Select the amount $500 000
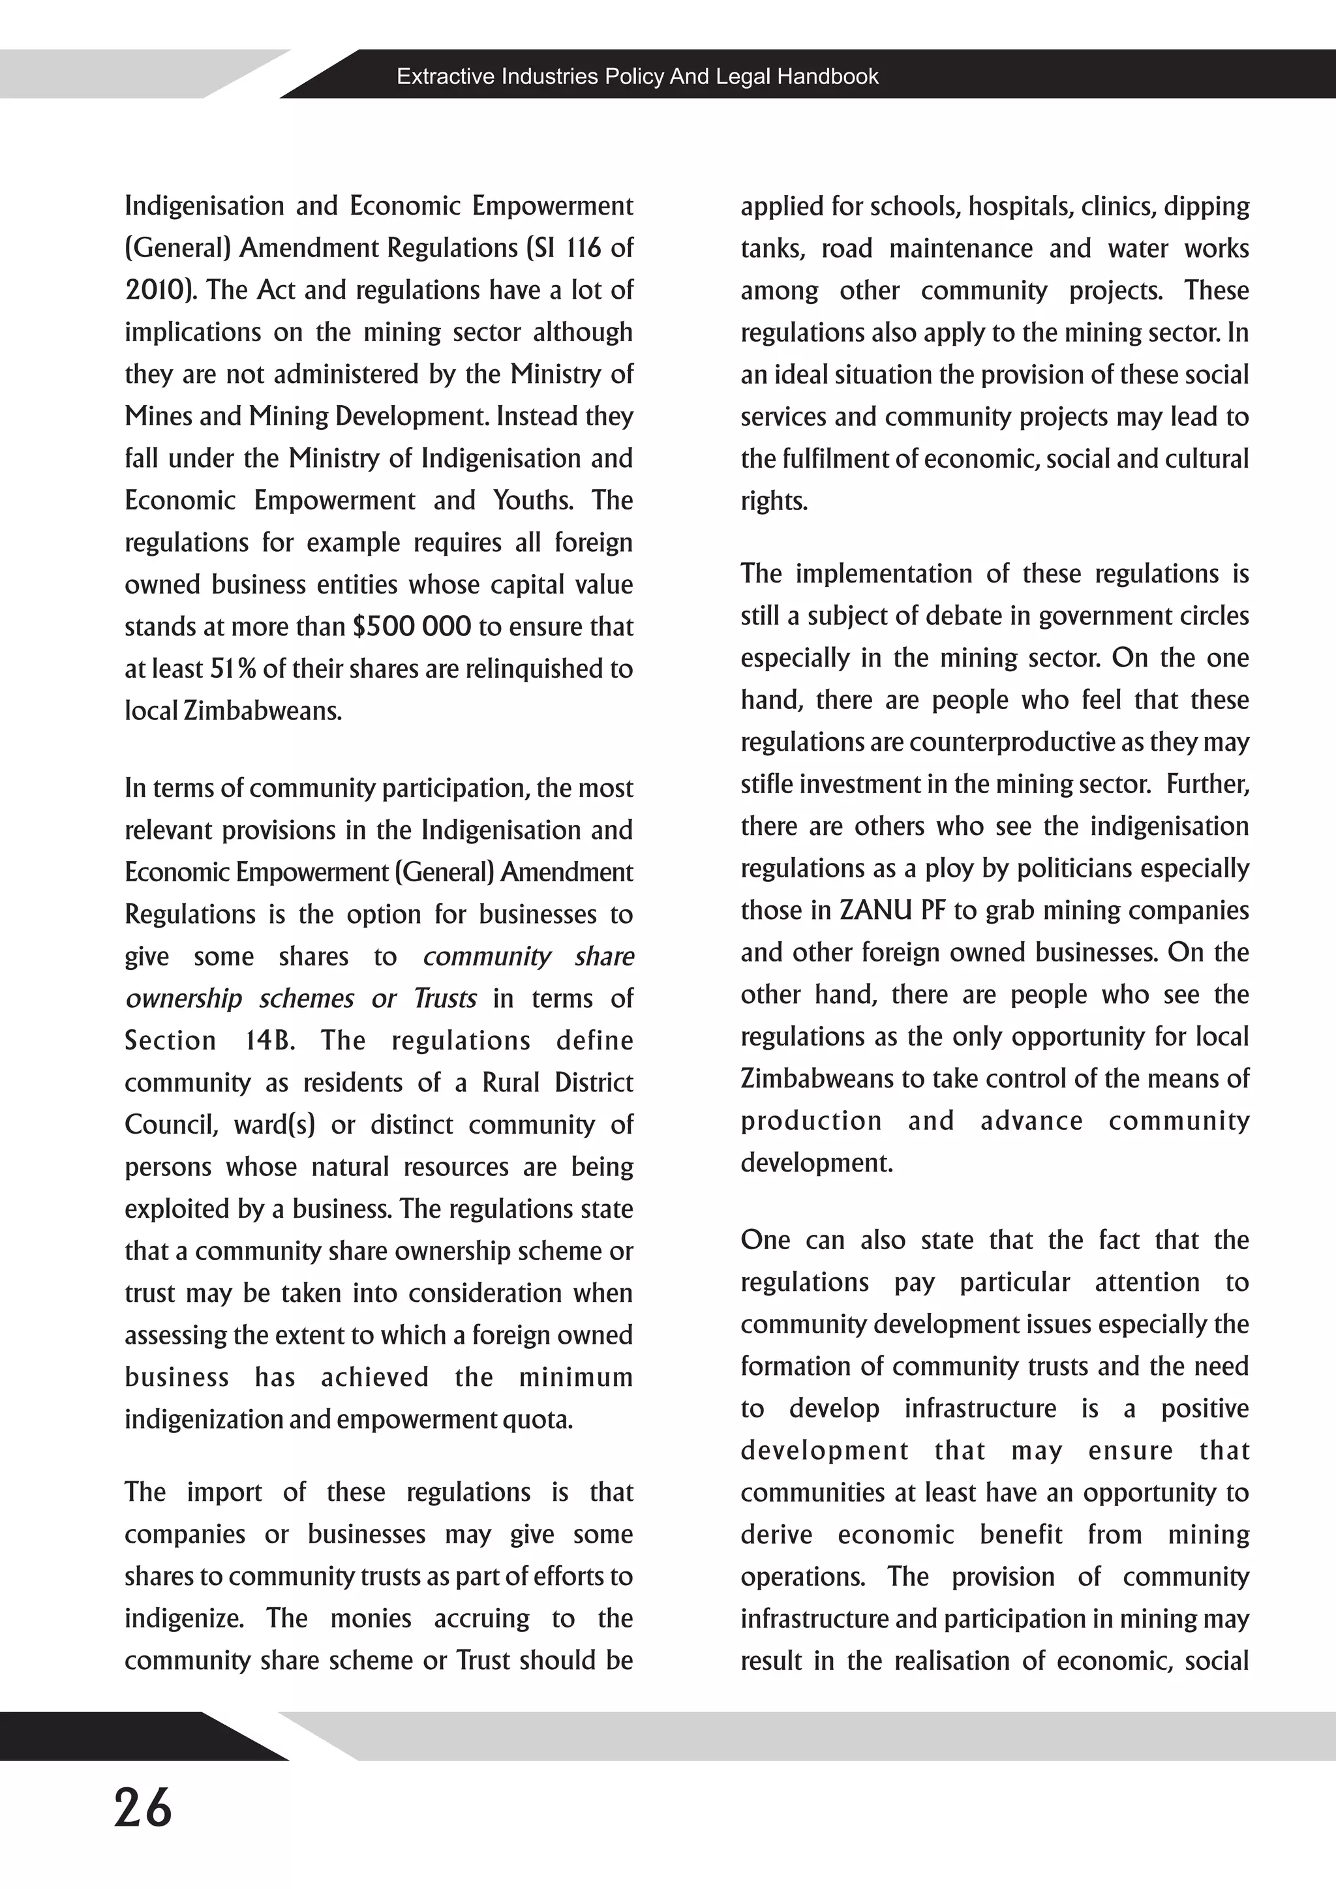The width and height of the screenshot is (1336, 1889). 412,627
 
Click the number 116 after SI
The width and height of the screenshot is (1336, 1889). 583,249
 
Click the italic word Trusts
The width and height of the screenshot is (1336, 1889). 445,999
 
